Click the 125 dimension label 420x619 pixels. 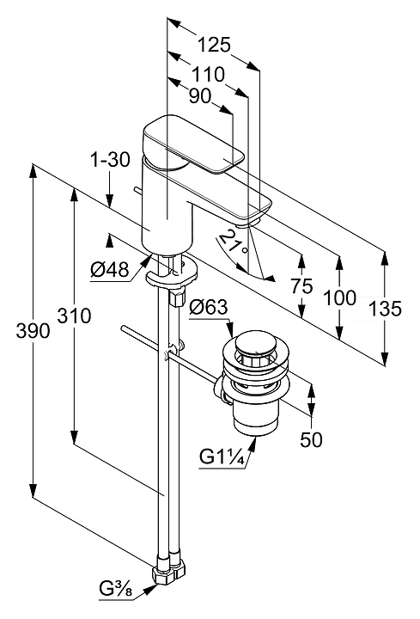(x=213, y=45)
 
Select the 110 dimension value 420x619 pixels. (x=208, y=74)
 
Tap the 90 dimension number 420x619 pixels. (x=200, y=96)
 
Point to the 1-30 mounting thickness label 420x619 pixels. (x=110, y=160)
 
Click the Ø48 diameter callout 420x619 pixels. (x=110, y=271)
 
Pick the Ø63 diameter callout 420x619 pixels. (x=209, y=307)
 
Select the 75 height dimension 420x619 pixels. (x=302, y=285)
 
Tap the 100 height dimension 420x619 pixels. (x=339, y=297)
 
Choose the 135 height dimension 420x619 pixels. (x=385, y=309)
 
